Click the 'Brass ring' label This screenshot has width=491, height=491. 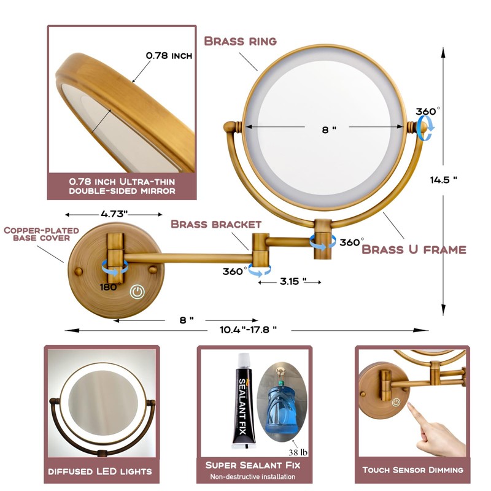[x=240, y=41]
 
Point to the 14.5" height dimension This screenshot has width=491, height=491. [x=444, y=180]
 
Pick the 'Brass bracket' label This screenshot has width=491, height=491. [x=216, y=225]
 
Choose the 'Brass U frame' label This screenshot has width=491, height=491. [x=414, y=249]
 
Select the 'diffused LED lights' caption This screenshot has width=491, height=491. [x=100, y=471]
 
